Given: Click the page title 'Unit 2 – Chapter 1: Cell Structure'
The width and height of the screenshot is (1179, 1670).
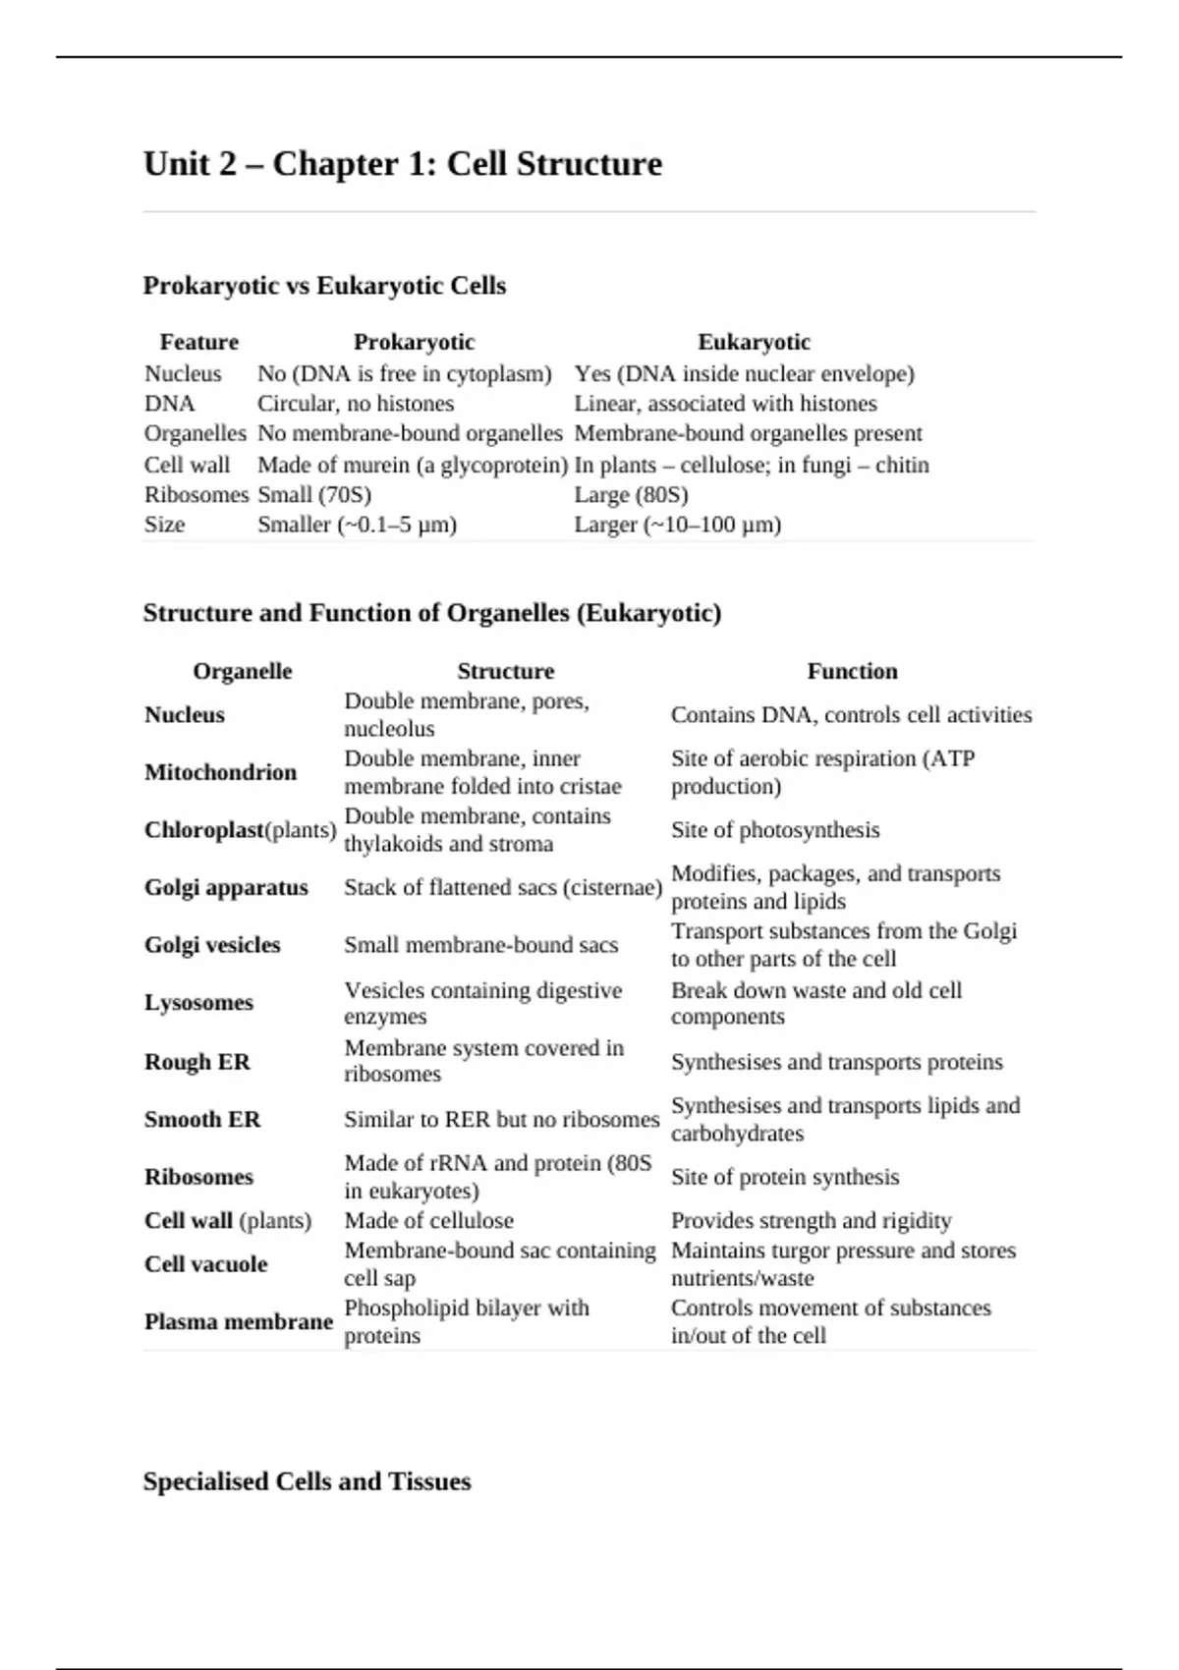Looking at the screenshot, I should (403, 163).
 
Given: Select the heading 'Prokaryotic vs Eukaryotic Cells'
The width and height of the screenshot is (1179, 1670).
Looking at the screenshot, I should (324, 286).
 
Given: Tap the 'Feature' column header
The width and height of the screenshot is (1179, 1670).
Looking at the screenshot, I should (199, 342).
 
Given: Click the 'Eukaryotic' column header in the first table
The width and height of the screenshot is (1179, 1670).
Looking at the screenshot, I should (754, 342).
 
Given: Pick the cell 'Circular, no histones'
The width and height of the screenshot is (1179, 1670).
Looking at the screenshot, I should (356, 404).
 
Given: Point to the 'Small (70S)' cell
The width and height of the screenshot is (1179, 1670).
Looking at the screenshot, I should (314, 494).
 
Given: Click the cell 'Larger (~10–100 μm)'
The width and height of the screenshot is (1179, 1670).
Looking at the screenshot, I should (678, 525).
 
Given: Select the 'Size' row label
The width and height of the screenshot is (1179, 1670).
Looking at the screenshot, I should (164, 525).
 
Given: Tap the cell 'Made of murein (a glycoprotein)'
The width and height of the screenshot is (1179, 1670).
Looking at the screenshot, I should (413, 465).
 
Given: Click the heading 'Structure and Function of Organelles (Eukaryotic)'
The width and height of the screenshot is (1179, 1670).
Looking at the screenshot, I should (432, 613).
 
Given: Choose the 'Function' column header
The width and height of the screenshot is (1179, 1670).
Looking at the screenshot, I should (852, 671).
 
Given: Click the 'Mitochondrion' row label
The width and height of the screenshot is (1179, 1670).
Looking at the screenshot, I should (220, 772).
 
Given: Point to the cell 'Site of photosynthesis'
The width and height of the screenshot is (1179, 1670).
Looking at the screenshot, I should (775, 830).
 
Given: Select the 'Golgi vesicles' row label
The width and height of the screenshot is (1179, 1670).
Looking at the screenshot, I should (212, 945).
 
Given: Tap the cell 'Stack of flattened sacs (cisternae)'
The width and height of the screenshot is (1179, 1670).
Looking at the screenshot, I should (503, 887).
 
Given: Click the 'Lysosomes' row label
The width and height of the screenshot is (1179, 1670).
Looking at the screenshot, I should (198, 1003).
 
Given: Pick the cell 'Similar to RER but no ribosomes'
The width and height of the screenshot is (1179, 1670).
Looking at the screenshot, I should (501, 1119).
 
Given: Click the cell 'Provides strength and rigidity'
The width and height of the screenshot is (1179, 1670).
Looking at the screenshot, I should (811, 1220).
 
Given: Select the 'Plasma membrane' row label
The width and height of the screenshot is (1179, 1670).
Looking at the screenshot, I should (239, 1321).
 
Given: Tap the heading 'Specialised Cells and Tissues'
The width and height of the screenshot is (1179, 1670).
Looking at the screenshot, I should (307, 1481).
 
